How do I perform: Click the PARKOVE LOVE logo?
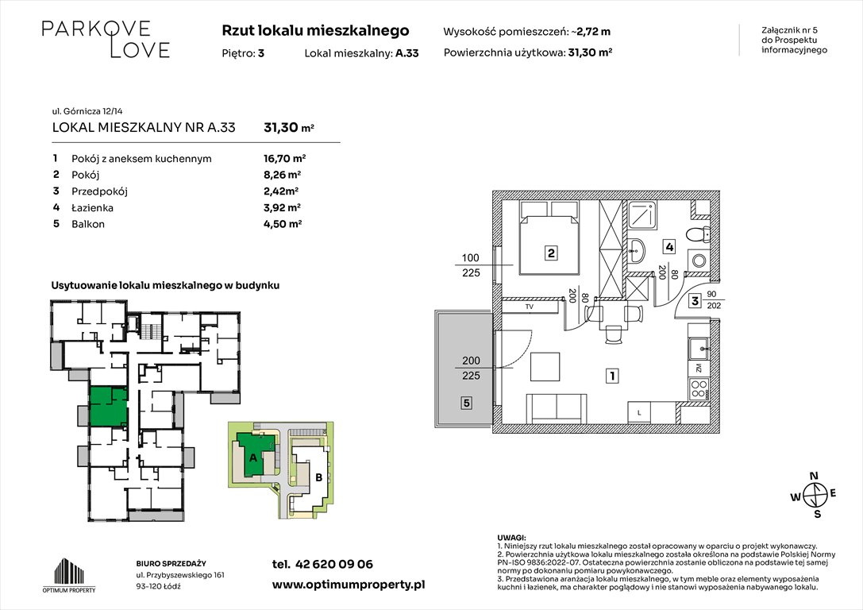[x=106, y=39]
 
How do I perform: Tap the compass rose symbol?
[x=813, y=495]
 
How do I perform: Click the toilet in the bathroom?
[x=699, y=235]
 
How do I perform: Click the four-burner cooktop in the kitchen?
[x=698, y=389]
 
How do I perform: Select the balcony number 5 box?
[x=467, y=403]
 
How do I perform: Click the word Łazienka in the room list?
[x=93, y=207]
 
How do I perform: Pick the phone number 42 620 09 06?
[x=322, y=564]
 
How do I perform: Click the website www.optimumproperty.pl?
[x=349, y=584]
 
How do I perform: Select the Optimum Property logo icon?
[x=68, y=571]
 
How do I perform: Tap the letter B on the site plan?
[x=318, y=477]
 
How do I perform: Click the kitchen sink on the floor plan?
[x=698, y=347]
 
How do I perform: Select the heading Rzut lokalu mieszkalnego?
[x=315, y=31]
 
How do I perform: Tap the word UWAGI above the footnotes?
[x=511, y=539]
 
